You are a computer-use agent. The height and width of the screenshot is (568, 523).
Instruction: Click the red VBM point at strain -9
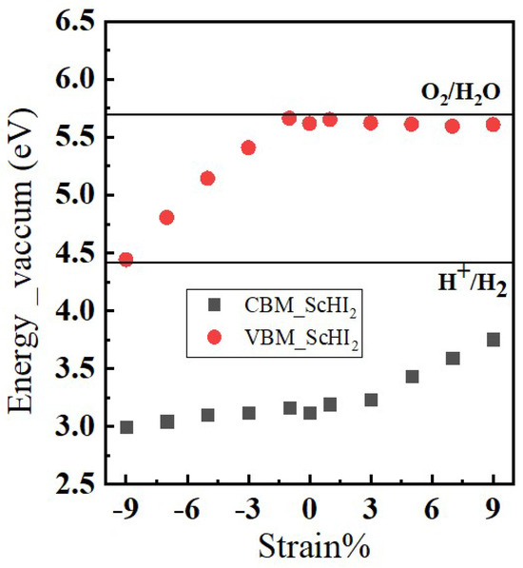pos(126,259)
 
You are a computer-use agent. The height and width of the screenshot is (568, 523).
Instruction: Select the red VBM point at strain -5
pos(207,178)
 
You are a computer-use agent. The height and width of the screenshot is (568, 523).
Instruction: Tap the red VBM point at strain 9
pos(493,125)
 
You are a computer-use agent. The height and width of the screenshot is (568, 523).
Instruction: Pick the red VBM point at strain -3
pos(248,147)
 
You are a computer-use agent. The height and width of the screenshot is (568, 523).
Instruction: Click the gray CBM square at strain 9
pos(494,340)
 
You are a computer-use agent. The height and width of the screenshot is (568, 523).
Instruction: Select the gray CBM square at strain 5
pos(412,377)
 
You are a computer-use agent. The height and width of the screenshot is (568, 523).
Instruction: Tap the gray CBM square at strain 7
pos(453,359)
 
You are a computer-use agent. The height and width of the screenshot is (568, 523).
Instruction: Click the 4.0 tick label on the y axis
pos(70,311)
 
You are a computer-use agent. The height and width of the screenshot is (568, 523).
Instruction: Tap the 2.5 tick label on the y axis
pos(70,484)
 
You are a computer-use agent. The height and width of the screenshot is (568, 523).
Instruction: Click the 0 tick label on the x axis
pos(310,510)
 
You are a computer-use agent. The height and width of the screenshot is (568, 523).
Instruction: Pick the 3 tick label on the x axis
pos(371,510)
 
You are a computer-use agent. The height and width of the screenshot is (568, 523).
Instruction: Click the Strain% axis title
pos(310,548)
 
